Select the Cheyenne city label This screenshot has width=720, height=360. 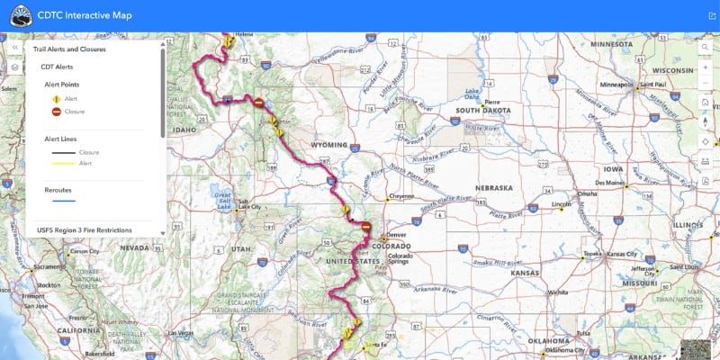click(401, 196)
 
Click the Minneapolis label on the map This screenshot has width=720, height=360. click(616, 85)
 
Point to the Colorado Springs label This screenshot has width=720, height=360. click(400, 258)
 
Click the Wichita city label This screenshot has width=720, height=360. click(557, 292)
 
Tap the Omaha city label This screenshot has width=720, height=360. click(587, 193)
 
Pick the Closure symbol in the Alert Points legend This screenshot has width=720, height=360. click(56, 111)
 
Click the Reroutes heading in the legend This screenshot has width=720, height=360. click(59, 190)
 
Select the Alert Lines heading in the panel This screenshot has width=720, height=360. click(63, 139)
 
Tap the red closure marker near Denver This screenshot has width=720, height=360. click(366, 227)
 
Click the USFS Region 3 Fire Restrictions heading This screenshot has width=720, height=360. click(91, 230)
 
